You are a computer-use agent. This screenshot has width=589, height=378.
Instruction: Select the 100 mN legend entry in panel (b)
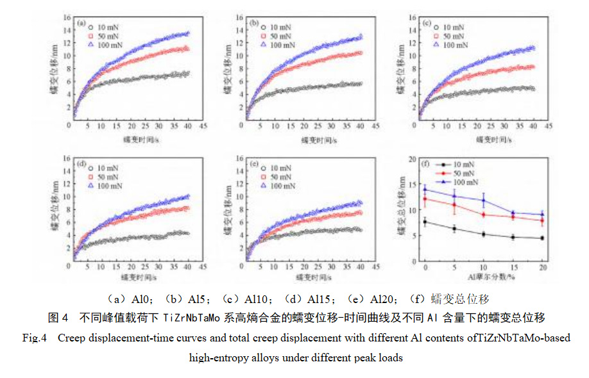point(275,45)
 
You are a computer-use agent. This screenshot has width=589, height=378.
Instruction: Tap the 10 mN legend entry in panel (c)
point(448,27)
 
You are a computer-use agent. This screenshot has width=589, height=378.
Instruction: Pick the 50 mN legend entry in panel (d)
point(102,177)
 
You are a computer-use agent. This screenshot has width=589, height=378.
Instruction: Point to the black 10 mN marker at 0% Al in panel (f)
point(425,222)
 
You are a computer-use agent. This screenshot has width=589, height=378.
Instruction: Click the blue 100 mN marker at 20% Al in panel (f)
point(542,215)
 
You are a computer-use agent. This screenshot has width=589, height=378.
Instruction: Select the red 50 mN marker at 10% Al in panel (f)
point(483,215)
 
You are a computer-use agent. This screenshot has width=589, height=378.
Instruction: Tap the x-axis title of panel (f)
point(483,279)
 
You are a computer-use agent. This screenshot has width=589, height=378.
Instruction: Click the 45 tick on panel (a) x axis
point(203,127)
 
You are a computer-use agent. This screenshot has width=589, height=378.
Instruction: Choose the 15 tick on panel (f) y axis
point(411,181)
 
